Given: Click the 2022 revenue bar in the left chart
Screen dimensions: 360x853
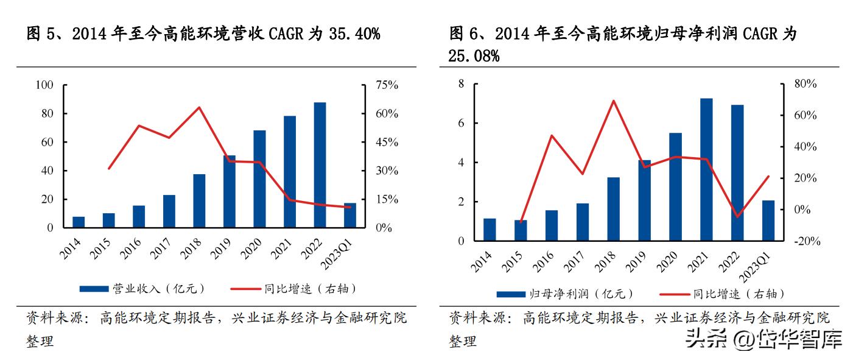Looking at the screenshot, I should [x=320, y=164].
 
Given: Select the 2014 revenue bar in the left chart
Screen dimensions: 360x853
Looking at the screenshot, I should [x=79, y=222].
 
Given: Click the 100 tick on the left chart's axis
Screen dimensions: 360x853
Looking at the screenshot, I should [x=45, y=85].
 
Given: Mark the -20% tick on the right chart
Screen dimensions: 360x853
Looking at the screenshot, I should [x=807, y=241].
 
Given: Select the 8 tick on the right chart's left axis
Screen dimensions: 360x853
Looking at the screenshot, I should [x=461, y=84].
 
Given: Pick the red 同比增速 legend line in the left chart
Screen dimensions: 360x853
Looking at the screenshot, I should [x=247, y=288].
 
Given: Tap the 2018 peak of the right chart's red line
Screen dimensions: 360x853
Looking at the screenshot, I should [x=614, y=101].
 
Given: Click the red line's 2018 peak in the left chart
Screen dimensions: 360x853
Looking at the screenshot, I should [x=199, y=107].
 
